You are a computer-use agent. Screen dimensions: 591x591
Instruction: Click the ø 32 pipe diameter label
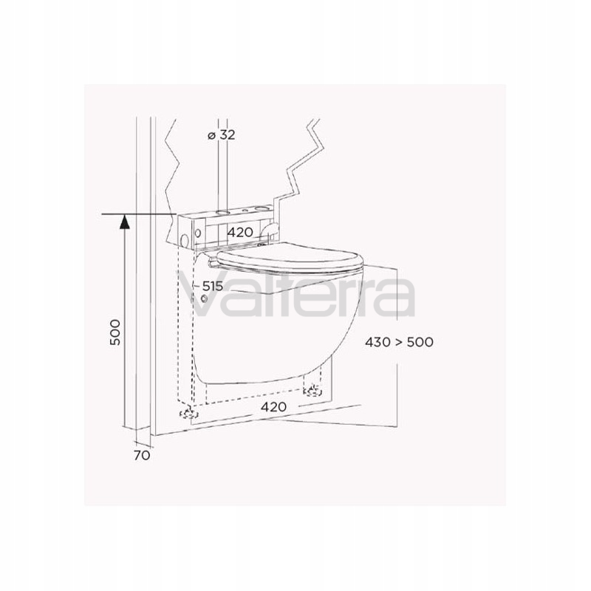[x=222, y=134]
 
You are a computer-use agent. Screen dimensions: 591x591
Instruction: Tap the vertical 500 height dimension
[x=115, y=332]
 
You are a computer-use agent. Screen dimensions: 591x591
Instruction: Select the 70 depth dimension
[x=142, y=455]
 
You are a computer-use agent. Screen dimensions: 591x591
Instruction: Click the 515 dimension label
[x=213, y=286]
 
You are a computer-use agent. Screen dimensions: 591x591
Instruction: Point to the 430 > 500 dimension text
[x=399, y=342]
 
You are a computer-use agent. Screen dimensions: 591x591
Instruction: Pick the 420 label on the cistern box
[x=240, y=232]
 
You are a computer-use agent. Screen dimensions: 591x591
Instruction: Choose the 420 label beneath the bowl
[x=273, y=407]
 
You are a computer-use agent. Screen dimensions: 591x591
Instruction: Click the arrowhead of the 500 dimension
[x=124, y=221]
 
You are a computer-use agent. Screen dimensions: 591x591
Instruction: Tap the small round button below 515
[x=205, y=299]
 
